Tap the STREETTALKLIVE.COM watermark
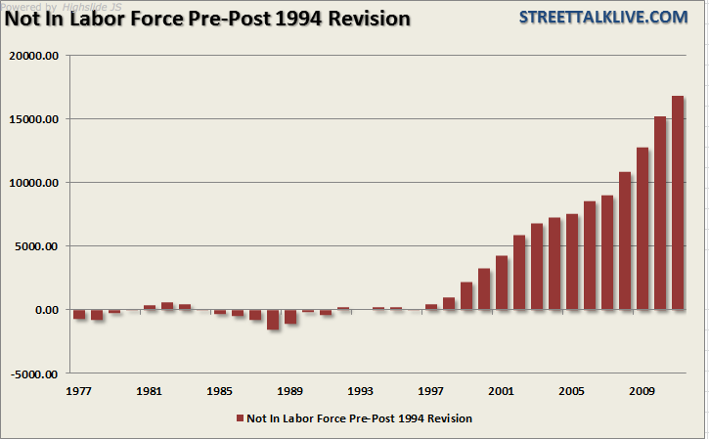pos(617,17)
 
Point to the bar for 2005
pos(572,261)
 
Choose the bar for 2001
pos(502,283)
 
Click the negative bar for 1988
pos(273,319)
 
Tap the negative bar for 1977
pos(79,314)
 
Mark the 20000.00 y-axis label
pos(34,56)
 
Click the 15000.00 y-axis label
pos(34,119)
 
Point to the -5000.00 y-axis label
pos(35,373)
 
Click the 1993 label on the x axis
pos(361,391)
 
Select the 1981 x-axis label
pos(150,391)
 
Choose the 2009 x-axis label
pos(643,391)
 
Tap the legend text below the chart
pos(360,418)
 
